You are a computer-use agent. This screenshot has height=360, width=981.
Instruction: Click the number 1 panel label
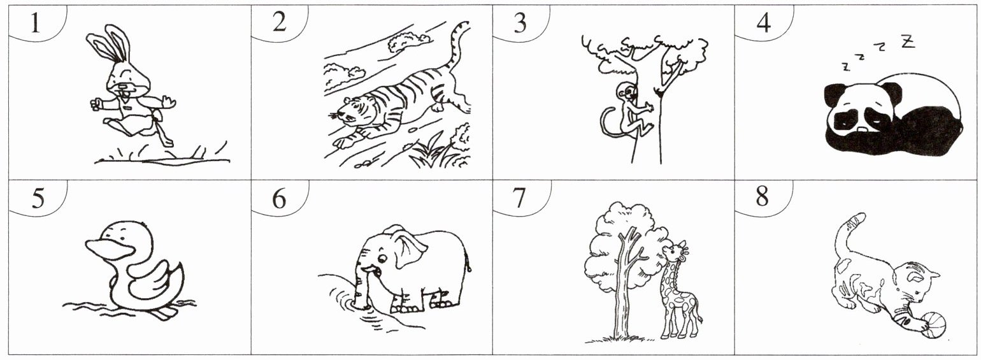coord(35,22)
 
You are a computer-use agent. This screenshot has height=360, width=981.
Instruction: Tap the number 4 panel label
coord(763,22)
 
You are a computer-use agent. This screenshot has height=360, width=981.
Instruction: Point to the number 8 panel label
coord(762,196)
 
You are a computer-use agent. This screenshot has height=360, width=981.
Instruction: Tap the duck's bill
coord(110,248)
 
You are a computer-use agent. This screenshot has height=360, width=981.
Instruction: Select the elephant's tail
coord(469,263)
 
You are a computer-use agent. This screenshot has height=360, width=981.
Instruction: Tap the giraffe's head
coord(675,251)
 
